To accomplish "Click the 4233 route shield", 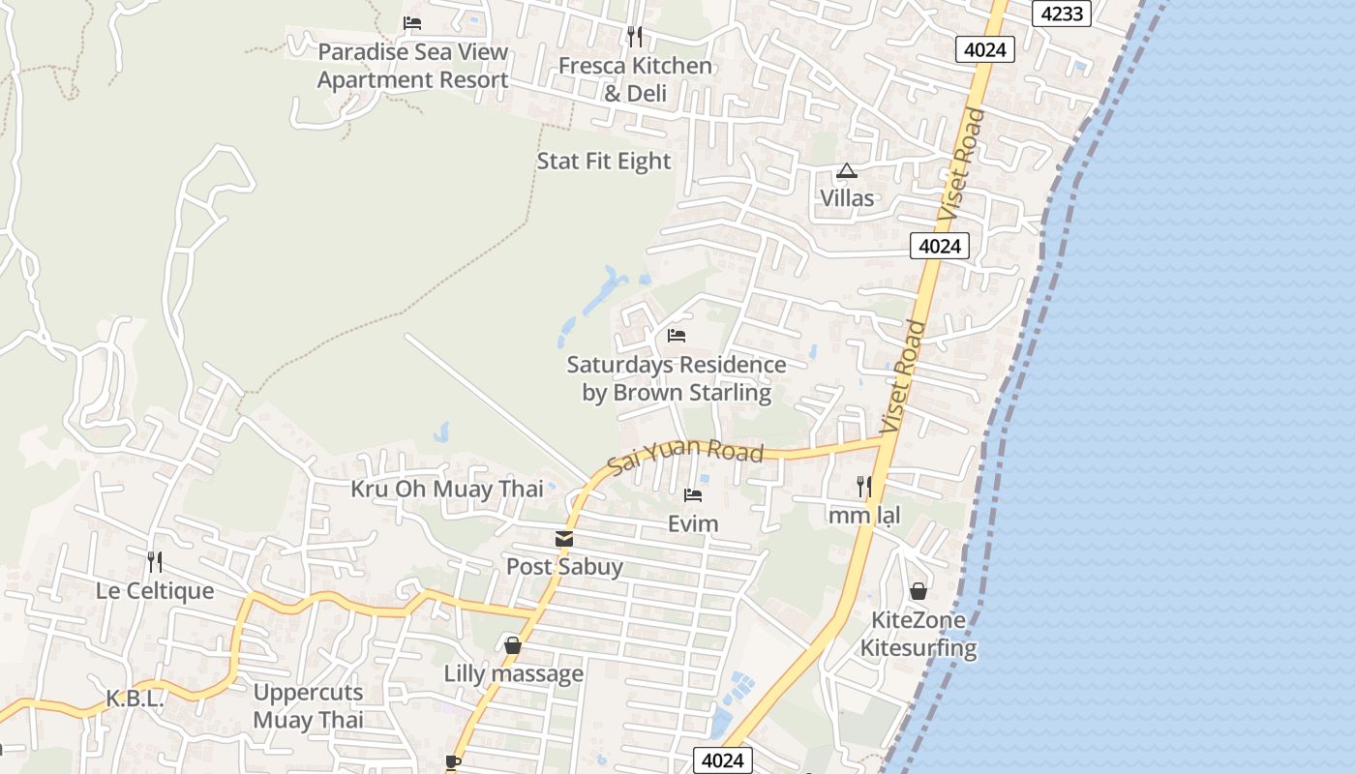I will pos(1062,14).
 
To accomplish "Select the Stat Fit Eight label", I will pos(604,161).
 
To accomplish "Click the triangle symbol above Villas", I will pos(847,171).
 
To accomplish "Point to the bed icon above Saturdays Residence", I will pos(677,336).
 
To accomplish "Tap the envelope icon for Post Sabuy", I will pos(564,539).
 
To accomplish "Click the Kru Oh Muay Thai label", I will pos(447,489).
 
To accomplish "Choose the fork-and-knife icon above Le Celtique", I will pos(155,561).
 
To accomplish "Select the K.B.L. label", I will pos(135,699).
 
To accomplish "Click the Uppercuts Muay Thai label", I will pos(308,706).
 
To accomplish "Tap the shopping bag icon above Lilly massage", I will pos(513,645).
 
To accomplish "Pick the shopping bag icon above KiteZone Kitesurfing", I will pos(918,590).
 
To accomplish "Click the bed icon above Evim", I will pos(693,495).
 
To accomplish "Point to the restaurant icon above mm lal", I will pos(864,486).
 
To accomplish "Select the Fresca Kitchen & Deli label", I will pos(635,79).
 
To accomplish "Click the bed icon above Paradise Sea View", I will pos(412,23).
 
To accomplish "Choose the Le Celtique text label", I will pos(155,590).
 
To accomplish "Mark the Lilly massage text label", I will pos(513,673).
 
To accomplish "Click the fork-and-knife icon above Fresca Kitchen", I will pos(635,37).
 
